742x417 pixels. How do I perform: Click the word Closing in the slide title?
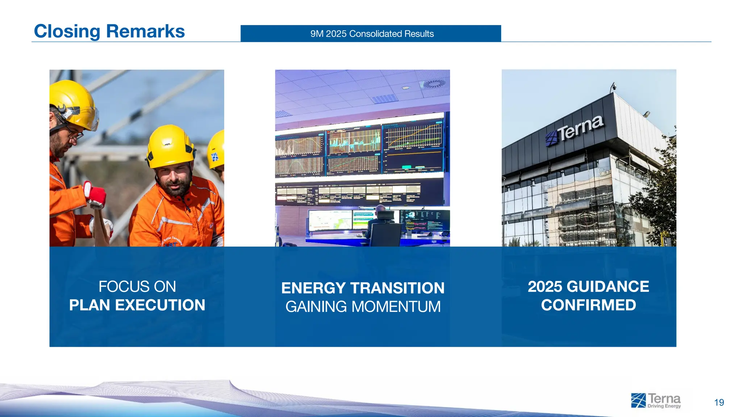(67, 31)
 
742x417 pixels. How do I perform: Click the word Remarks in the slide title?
(145, 31)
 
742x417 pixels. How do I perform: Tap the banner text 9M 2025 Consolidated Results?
(372, 34)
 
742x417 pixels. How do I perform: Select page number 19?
(719, 403)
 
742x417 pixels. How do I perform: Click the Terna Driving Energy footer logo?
(656, 401)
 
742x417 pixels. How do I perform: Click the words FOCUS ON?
(137, 287)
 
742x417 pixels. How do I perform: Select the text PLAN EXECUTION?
(137, 305)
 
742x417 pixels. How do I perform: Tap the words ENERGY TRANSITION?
(363, 288)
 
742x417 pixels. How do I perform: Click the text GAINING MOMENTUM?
(363, 307)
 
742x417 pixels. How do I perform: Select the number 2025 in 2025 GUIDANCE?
(545, 287)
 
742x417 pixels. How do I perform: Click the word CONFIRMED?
(588, 305)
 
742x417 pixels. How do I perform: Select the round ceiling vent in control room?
(434, 84)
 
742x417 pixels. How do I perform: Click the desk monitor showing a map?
(330, 220)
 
